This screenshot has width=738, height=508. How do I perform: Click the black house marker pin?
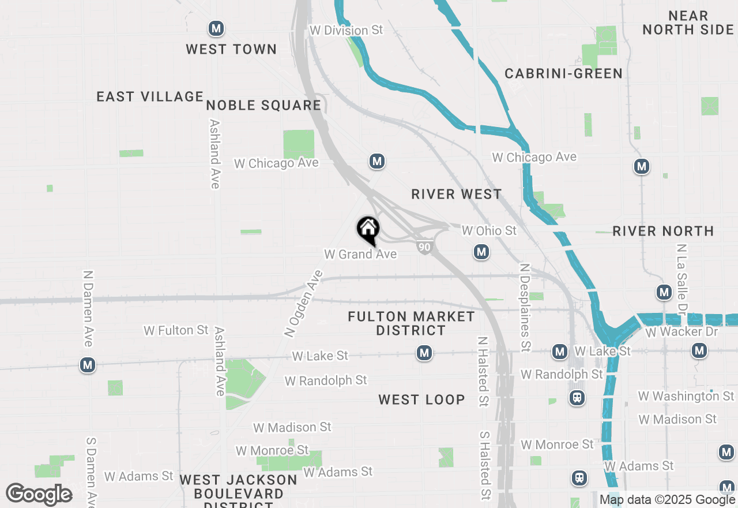pyautogui.click(x=368, y=229)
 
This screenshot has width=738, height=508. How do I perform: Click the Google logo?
pyautogui.click(x=39, y=494)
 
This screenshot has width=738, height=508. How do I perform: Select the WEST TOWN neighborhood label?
pyautogui.click(x=231, y=50)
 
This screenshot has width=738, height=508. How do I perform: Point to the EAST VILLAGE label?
pyautogui.click(x=150, y=96)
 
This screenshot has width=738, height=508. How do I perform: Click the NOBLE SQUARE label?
pyautogui.click(x=263, y=105)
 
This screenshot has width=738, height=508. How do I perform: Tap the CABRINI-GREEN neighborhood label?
pyautogui.click(x=563, y=73)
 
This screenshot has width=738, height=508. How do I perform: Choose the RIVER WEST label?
pyautogui.click(x=457, y=195)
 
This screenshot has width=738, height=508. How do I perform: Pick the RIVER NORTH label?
pyautogui.click(x=663, y=231)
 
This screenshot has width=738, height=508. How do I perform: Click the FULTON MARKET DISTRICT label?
pyautogui.click(x=411, y=323)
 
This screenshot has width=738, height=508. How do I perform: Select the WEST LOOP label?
pyautogui.click(x=421, y=399)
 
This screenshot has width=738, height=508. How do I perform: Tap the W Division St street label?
pyautogui.click(x=346, y=31)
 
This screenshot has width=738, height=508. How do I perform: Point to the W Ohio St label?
pyautogui.click(x=489, y=231)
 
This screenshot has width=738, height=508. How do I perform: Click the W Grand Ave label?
pyautogui.click(x=360, y=254)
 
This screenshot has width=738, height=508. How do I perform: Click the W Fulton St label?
pyautogui.click(x=176, y=330)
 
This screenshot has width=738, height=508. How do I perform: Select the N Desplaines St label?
pyautogui.click(x=525, y=307)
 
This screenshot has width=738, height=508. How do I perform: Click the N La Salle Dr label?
pyautogui.click(x=683, y=277)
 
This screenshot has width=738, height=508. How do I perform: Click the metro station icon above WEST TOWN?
pyautogui.click(x=216, y=28)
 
